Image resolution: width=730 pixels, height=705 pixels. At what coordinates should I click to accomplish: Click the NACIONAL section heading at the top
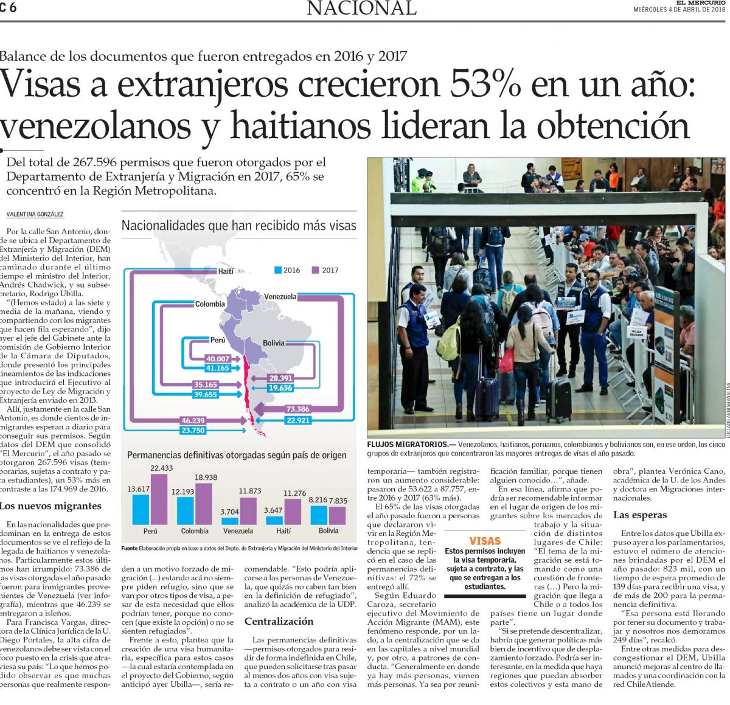point(361,9)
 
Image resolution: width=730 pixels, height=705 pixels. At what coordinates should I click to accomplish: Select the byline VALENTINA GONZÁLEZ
point(35,215)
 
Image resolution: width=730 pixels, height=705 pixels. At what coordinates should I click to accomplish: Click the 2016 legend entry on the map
point(287,270)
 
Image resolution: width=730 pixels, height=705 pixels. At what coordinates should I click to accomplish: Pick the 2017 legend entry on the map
point(325,270)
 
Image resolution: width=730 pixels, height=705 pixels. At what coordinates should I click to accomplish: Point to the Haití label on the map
point(226,271)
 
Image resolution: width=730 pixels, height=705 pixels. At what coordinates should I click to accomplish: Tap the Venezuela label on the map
point(280,297)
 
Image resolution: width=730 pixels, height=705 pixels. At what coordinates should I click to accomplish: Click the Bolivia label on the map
point(273,343)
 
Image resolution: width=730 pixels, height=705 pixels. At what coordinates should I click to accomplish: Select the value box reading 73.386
point(297,409)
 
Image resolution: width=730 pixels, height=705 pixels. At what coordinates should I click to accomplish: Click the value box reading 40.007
point(217,359)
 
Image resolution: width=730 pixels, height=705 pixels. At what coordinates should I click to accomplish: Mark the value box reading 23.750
point(193,430)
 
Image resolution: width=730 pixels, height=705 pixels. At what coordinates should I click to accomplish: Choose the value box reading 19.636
point(280,387)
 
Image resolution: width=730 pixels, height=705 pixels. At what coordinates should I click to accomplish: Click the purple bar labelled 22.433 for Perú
point(159,499)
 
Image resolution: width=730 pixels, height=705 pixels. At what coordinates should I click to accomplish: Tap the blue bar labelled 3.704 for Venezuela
point(230,521)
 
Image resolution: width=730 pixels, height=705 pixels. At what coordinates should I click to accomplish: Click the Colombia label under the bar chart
point(195,531)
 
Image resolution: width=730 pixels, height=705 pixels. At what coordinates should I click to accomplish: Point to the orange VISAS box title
point(485,541)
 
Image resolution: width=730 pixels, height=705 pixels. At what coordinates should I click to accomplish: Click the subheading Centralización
point(279,621)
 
